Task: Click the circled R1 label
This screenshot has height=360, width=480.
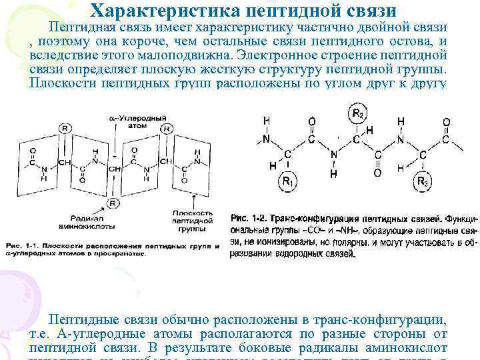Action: coord(287,181)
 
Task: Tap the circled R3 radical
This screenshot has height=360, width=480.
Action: coord(422,181)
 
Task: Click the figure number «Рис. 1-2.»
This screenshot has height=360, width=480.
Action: coord(248,219)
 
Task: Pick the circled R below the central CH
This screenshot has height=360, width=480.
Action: coord(113,203)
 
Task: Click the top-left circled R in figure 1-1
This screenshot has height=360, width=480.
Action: coord(63,128)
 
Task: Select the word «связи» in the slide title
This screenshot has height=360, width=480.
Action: coord(366,11)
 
